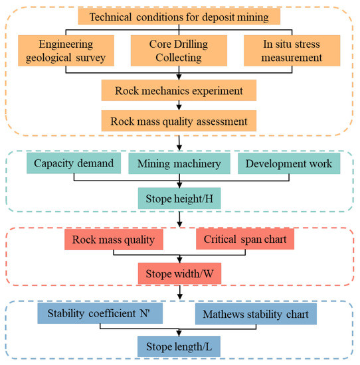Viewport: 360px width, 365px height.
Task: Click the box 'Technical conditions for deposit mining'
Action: click(x=179, y=16)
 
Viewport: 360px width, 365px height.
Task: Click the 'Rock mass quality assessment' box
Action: click(x=179, y=121)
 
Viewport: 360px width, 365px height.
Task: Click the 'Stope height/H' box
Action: click(x=179, y=197)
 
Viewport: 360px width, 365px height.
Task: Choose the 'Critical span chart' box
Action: click(x=242, y=240)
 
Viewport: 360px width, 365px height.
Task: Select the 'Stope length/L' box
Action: click(x=179, y=346)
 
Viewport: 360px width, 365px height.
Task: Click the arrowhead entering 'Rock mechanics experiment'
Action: click(x=179, y=79)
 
